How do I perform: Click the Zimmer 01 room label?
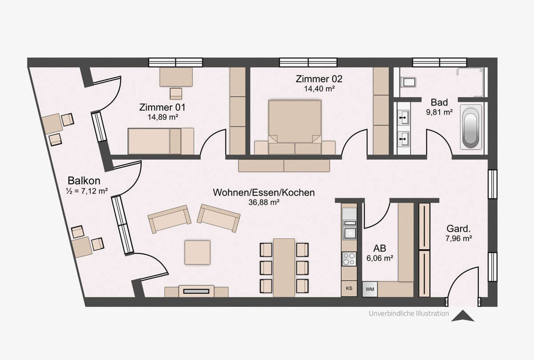tap(162, 107)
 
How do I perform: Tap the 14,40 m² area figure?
tap(319, 89)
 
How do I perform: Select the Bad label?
tap(439, 102)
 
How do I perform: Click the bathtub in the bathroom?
tap(471, 127)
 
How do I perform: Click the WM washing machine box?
tap(370, 289)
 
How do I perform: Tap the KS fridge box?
tap(349, 288)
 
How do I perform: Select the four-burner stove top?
tap(349, 259)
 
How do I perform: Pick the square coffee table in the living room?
tap(197, 252)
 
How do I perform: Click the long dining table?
tap(284, 268)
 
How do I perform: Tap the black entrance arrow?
tap(462, 316)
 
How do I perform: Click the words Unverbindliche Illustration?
tap(409, 314)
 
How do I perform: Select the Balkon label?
tap(84, 180)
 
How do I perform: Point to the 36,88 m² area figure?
tap(264, 203)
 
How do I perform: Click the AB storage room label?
tap(380, 248)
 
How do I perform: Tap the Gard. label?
tap(458, 229)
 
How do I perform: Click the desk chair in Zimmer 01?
tap(176, 93)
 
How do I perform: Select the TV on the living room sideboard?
tap(196, 291)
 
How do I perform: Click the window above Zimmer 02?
tap(308, 62)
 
